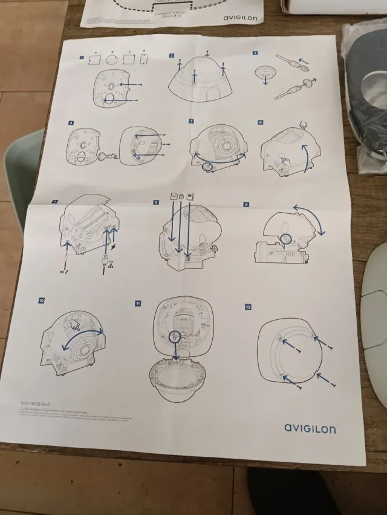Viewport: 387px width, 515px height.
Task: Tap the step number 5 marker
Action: point(191,121)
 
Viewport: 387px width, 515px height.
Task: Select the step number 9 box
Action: point(246,204)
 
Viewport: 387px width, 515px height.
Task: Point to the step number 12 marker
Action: point(248,307)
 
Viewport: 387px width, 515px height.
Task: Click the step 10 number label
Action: point(41,300)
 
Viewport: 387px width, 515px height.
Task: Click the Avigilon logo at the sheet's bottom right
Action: point(310,428)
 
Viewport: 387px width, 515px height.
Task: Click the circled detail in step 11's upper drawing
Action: point(175,336)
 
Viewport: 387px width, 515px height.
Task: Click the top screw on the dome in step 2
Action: point(207,55)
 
